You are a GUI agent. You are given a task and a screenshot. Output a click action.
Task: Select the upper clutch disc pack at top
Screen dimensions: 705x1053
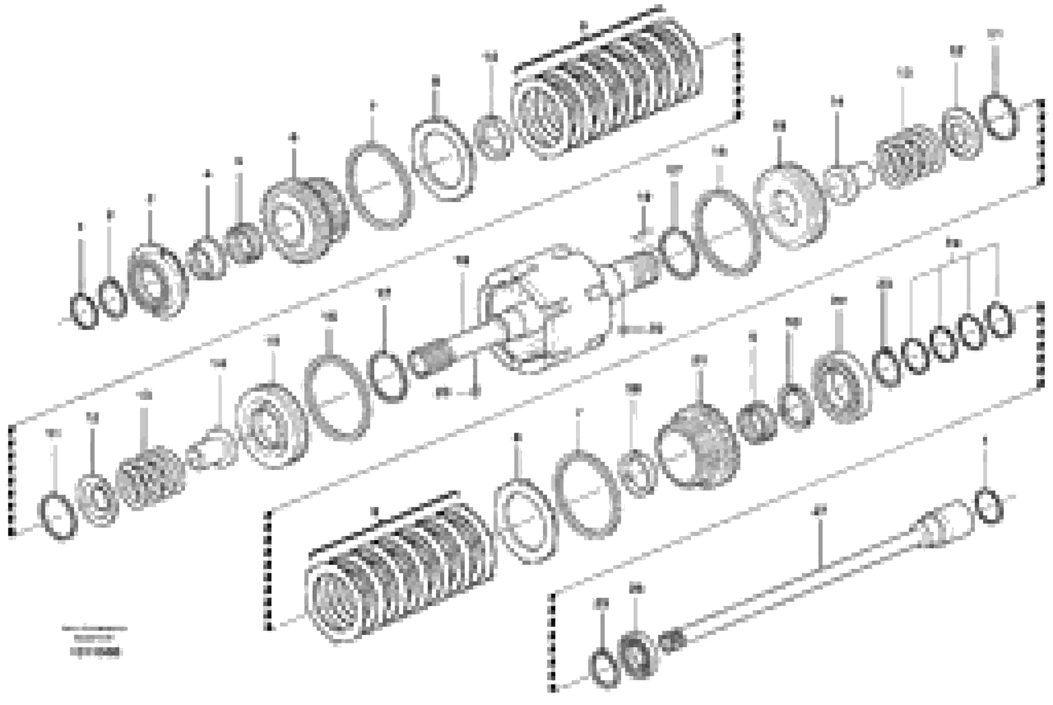click(x=607, y=90)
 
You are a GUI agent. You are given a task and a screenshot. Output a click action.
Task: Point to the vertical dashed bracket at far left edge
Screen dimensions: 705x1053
click(x=11, y=481)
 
